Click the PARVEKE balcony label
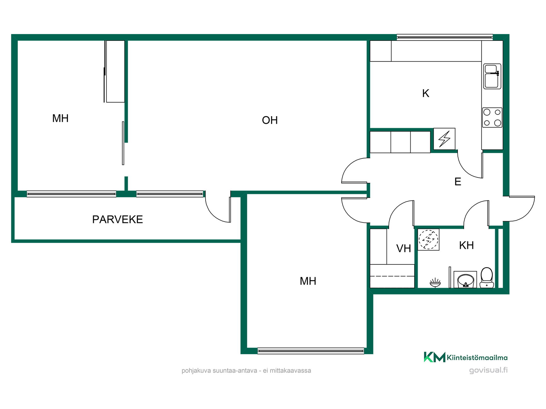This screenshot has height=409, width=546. coord(117,220)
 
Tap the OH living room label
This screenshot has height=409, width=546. coord(270,120)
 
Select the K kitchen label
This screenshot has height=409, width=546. coord(425,93)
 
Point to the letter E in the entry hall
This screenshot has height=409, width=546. coord(458,181)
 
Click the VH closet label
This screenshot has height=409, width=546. coord(404,249)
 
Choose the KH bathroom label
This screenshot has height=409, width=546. coord(466,245)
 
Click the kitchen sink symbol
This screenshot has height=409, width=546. coord(492,76)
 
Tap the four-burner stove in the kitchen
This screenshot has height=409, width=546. coord(492,118)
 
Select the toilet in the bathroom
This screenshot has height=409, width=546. coord(487,277)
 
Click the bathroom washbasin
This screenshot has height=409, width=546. coord(466,280)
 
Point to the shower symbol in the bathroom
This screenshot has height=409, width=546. coord(435,283)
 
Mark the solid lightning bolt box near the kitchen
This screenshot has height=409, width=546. coord(444,139)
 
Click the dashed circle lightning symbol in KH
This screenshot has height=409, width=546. coord(428,239)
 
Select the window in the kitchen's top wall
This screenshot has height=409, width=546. coord(445,37)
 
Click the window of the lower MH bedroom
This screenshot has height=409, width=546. coord(311,351)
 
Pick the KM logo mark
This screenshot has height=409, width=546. coord(435,357)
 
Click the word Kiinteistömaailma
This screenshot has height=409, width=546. coord(477,358)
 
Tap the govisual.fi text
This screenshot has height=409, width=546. coord(488,370)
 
